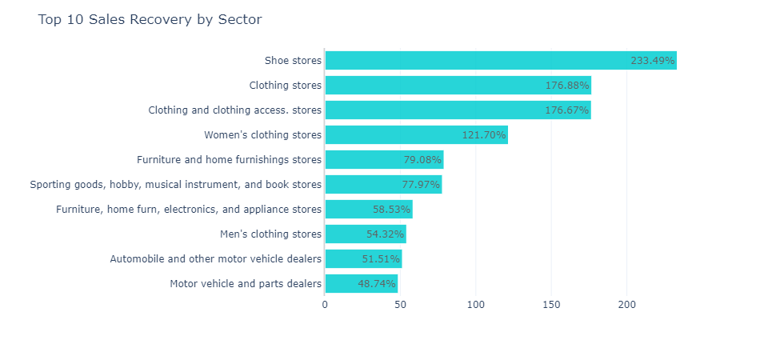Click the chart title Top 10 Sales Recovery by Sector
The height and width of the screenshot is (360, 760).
(x=150, y=19)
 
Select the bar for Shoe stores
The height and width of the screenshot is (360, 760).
(x=480, y=60)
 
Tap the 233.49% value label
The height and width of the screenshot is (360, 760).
(x=653, y=61)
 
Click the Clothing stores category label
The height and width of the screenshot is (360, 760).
(x=285, y=86)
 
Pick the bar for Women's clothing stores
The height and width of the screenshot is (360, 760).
(x=400, y=134)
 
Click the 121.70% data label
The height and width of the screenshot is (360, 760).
(x=484, y=135)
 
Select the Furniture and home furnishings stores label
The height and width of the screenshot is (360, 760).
(x=229, y=160)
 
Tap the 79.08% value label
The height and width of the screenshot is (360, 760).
(x=422, y=160)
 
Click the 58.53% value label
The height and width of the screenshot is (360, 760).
(x=392, y=210)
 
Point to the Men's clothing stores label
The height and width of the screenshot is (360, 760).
(x=270, y=234)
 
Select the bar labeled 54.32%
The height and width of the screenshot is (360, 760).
(x=352, y=234)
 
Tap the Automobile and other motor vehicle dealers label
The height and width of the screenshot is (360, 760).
(x=215, y=259)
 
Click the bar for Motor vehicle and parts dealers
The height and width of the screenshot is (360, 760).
(x=344, y=284)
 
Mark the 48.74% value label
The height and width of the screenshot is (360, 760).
(x=377, y=284)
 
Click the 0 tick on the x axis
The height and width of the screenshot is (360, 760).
(x=325, y=305)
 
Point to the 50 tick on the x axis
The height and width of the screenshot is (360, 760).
(x=400, y=305)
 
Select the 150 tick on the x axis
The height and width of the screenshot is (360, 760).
(x=551, y=305)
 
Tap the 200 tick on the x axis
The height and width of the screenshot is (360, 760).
(x=626, y=305)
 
